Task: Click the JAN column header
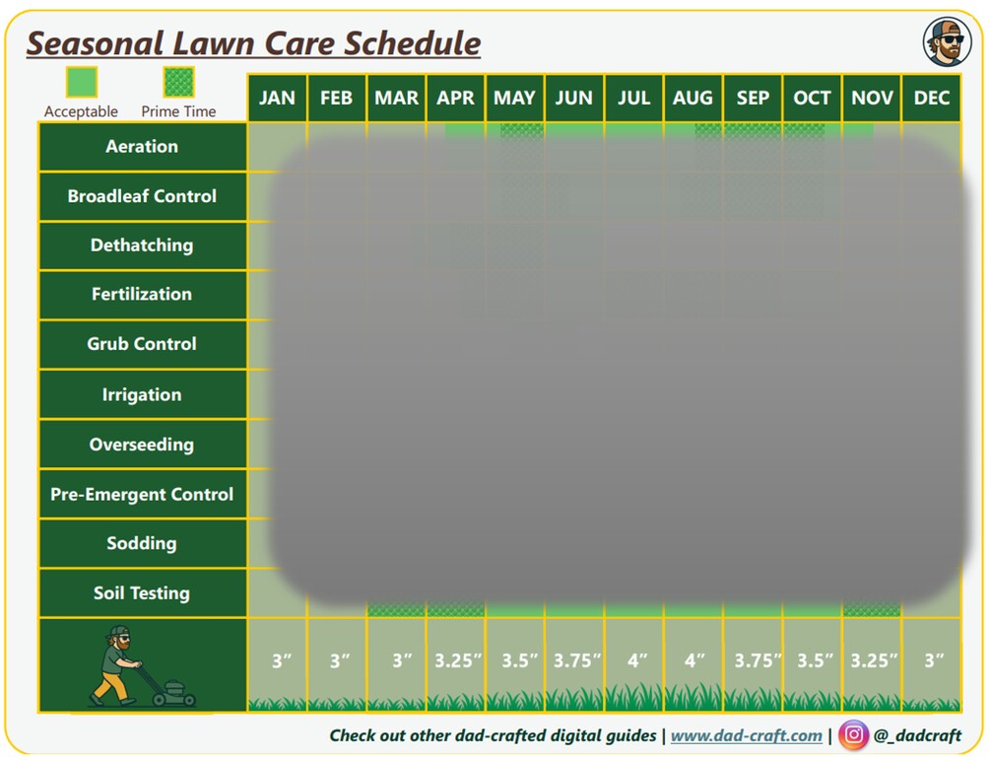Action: click(x=277, y=98)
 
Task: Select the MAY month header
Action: click(x=514, y=98)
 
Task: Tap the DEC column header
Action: click(x=931, y=98)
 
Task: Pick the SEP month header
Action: click(x=753, y=98)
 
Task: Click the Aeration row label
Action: click(x=142, y=147)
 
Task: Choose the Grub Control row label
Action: click(x=142, y=344)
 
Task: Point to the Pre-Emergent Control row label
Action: click(x=142, y=494)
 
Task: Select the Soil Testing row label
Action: click(x=142, y=592)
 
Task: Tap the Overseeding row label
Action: click(x=142, y=445)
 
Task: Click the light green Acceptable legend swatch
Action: click(x=82, y=82)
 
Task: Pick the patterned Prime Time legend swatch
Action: click(x=178, y=82)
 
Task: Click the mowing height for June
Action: click(x=576, y=660)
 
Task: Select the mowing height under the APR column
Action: click(x=458, y=660)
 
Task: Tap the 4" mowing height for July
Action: click(x=637, y=660)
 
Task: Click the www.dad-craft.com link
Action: click(x=747, y=735)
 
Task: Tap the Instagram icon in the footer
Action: click(x=853, y=734)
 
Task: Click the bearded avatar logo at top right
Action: click(x=947, y=42)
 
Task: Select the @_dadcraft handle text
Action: click(x=917, y=735)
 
